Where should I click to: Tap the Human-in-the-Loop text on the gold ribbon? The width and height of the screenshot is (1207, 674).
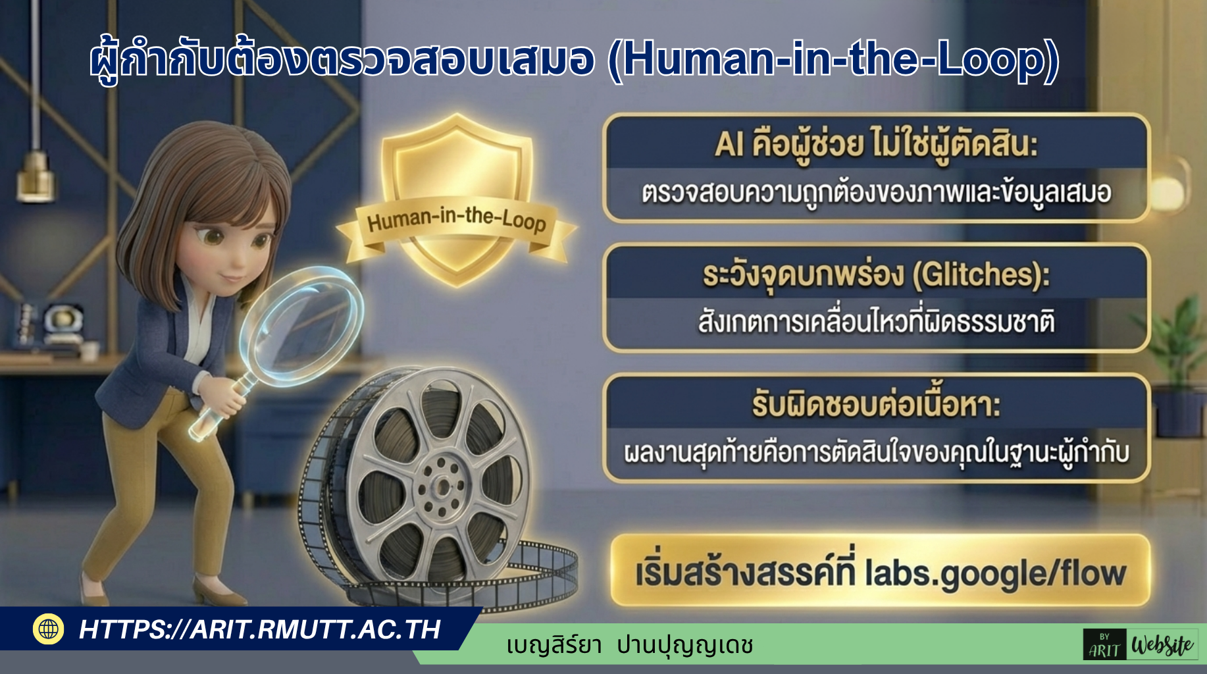click(x=457, y=219)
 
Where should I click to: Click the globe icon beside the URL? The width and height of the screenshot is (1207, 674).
click(x=49, y=629)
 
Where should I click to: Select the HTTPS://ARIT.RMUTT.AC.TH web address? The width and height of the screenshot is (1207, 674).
click(x=260, y=629)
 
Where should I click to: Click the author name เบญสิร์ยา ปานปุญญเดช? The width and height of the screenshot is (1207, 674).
click(x=630, y=645)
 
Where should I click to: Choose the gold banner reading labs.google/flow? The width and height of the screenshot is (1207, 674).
click(x=881, y=571)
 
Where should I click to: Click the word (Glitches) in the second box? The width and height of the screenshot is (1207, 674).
click(x=981, y=274)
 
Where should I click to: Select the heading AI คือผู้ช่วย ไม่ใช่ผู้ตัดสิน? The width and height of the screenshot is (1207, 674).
click(x=876, y=144)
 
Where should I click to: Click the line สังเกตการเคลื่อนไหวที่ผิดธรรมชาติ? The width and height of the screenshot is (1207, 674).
click(x=877, y=322)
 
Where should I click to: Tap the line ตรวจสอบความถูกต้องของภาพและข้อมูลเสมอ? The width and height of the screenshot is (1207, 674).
click(x=877, y=192)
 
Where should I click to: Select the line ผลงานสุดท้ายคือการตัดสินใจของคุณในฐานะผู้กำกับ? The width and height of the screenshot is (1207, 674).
click(x=877, y=453)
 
